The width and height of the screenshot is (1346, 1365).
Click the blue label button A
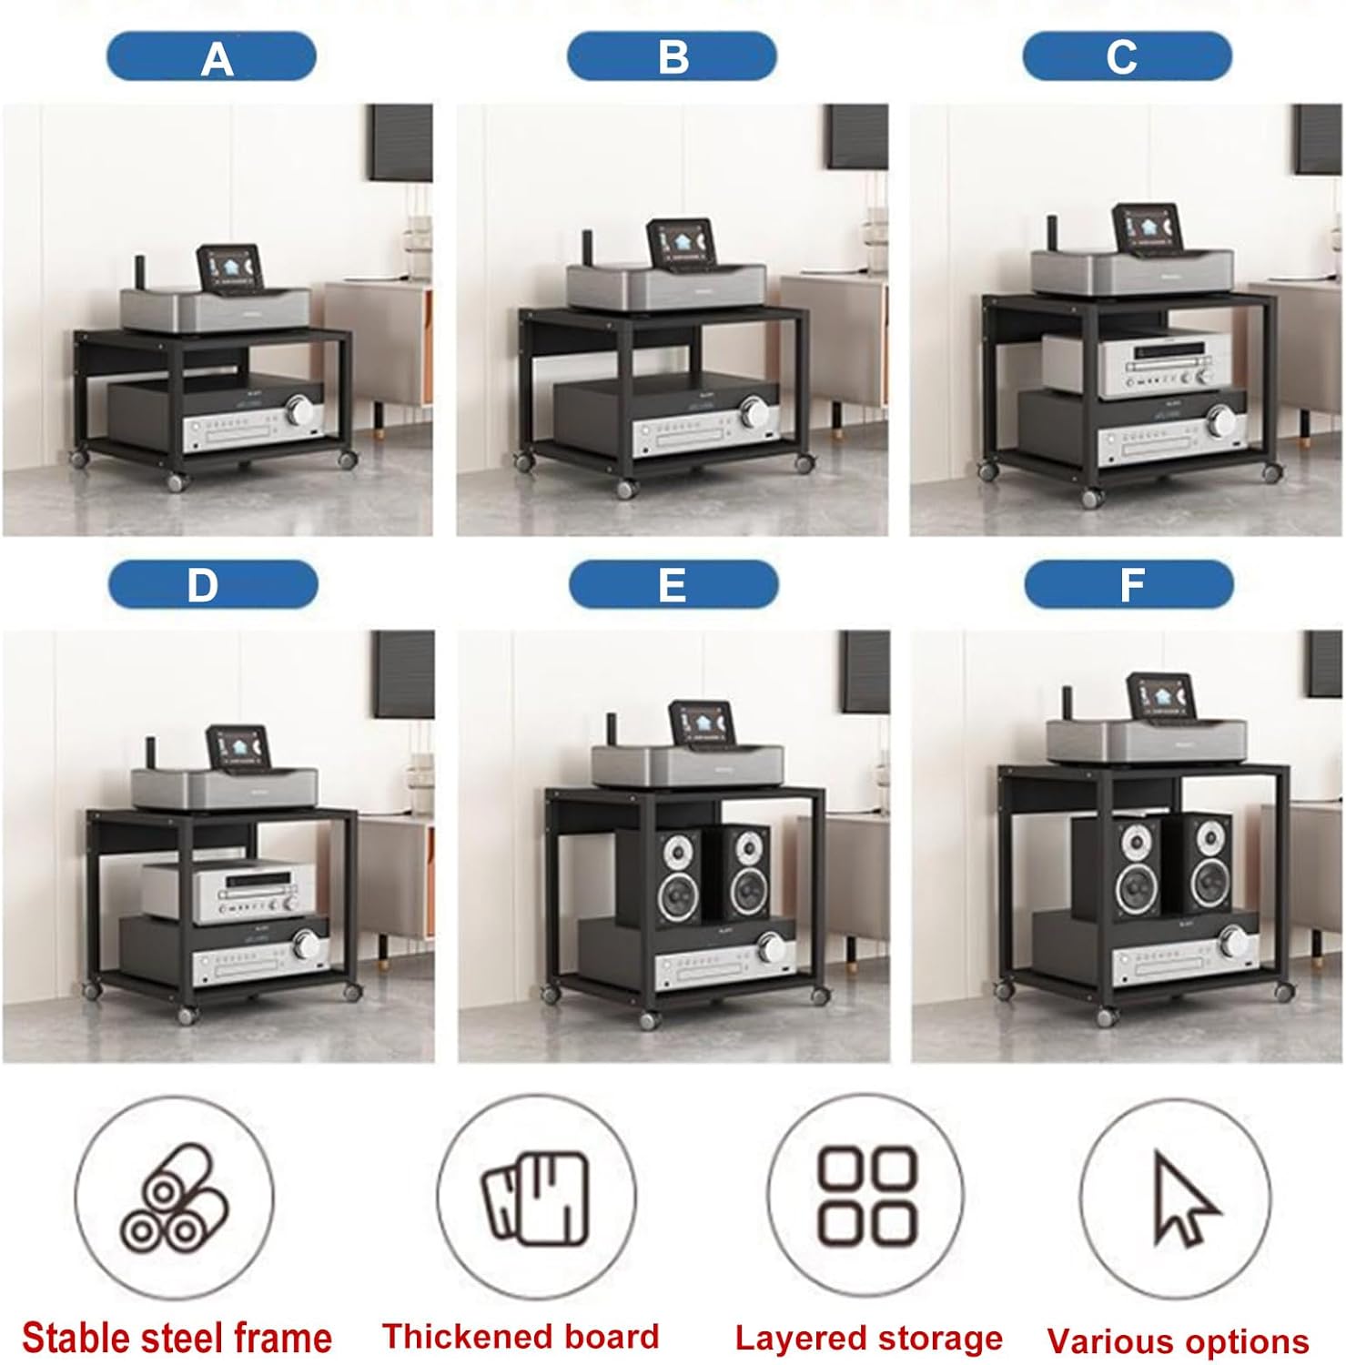(211, 56)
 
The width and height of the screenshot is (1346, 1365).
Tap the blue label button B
(672, 56)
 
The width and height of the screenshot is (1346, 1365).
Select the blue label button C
(1127, 56)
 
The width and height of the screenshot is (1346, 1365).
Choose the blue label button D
(213, 584)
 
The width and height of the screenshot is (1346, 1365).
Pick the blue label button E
(673, 584)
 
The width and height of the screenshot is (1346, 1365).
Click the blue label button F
(1128, 584)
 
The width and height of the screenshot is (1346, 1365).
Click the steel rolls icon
(175, 1196)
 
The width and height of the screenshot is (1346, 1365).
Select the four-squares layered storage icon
(866, 1196)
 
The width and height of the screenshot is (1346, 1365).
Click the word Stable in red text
(76, 1338)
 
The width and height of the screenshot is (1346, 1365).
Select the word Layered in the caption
(788, 1339)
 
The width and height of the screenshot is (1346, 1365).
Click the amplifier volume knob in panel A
(299, 410)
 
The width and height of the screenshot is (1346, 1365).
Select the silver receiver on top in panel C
(1128, 364)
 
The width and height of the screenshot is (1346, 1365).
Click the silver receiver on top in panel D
(228, 891)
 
